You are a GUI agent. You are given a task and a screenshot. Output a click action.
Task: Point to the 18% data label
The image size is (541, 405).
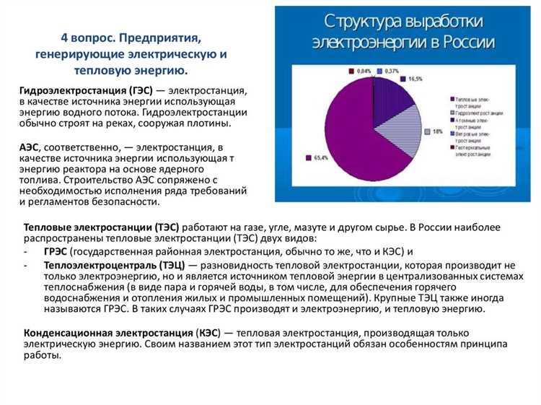[437, 131]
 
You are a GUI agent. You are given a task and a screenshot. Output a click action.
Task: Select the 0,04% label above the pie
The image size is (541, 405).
[365, 71]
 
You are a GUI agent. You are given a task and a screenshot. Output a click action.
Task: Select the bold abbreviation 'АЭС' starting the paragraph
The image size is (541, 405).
[31, 147]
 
